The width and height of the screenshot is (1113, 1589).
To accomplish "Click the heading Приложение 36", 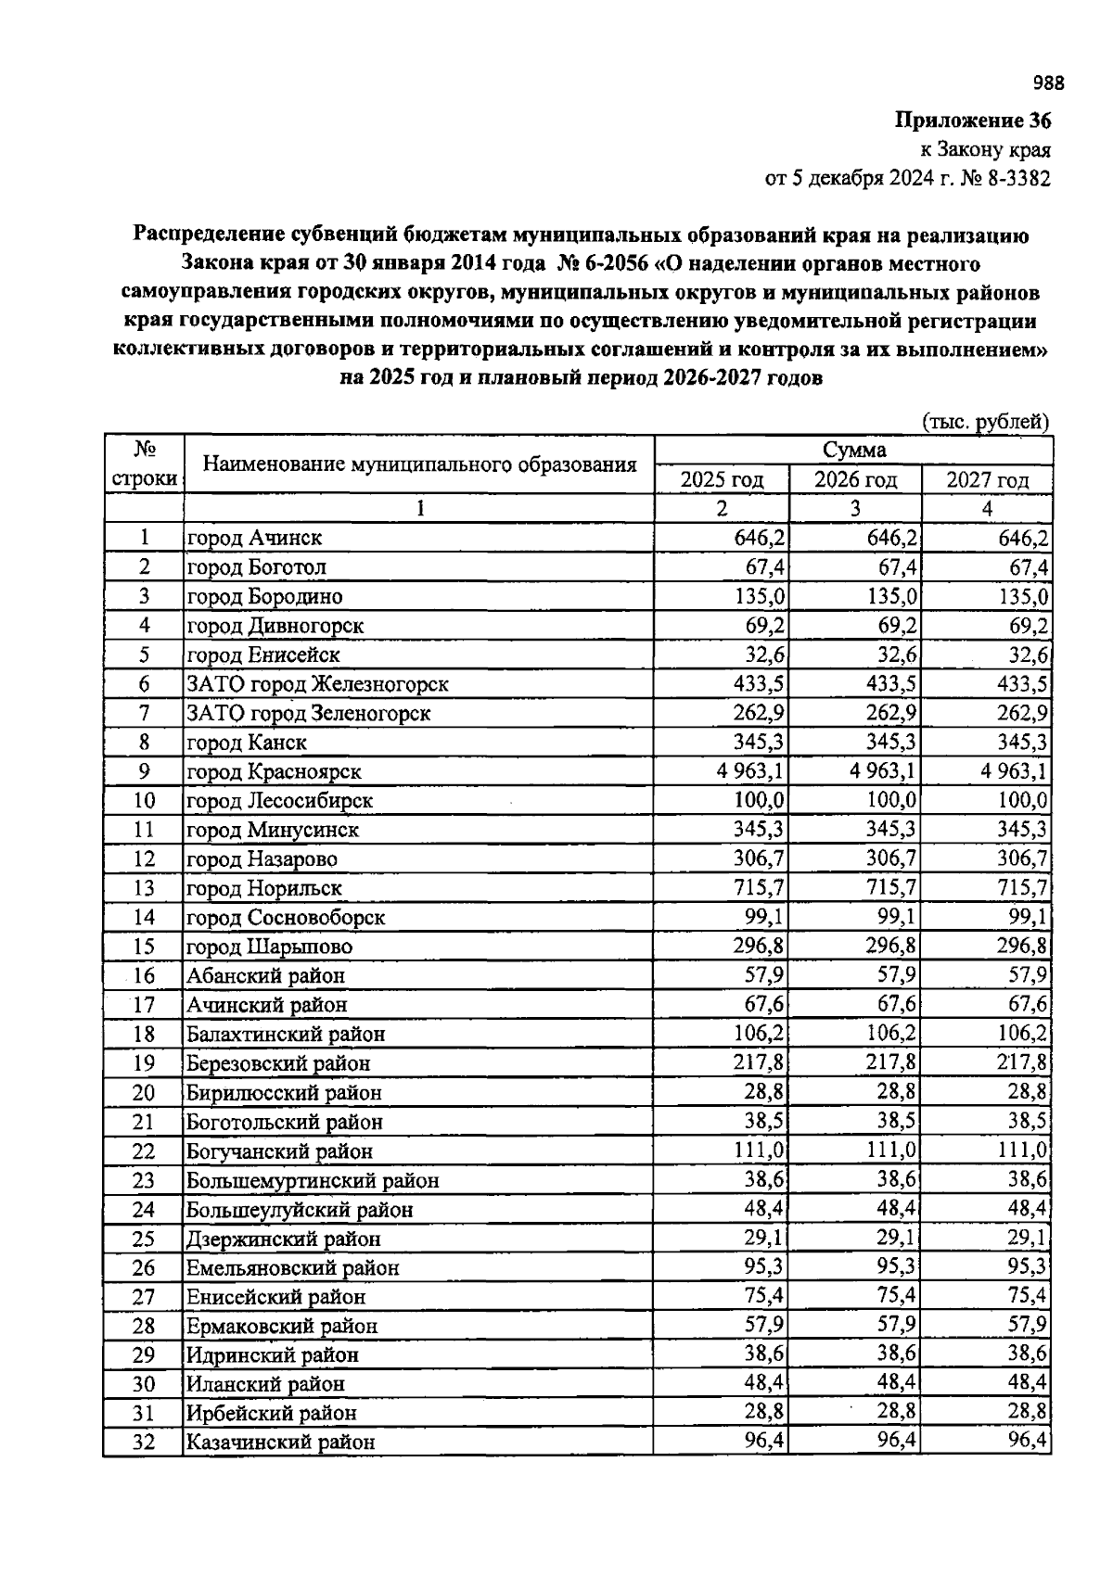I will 973,121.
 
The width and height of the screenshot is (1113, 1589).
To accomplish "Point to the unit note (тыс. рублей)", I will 986,422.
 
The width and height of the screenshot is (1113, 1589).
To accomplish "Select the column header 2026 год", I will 855,480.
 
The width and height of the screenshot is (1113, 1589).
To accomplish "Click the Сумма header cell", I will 854,451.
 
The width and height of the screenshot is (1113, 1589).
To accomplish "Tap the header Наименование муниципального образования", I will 419,464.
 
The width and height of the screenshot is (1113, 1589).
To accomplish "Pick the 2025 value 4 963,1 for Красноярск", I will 750,771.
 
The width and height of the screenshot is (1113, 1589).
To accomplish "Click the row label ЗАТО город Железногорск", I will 317,684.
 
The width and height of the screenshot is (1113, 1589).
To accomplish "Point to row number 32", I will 144,1443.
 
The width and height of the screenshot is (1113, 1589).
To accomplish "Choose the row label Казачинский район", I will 280,1443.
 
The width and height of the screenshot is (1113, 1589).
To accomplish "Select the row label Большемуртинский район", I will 313,1180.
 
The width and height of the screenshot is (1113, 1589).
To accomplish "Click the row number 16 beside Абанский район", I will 144,975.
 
